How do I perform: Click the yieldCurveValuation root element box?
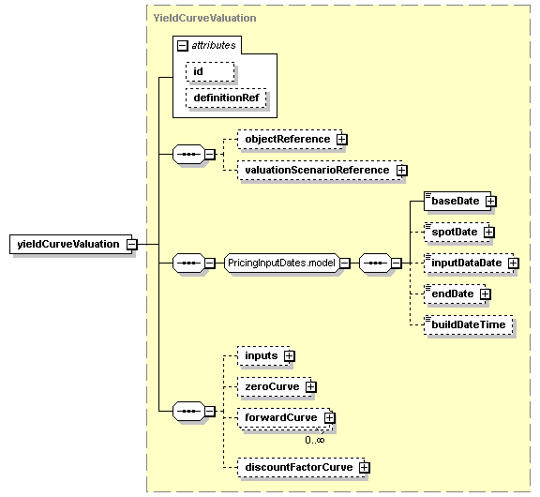(70, 244)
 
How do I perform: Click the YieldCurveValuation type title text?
(204, 18)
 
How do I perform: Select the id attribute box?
(210, 71)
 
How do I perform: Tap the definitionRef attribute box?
(226, 98)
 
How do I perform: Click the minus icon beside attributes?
(183, 45)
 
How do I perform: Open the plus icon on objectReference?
(341, 139)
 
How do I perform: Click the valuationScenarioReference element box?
(320, 170)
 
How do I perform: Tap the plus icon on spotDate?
(489, 233)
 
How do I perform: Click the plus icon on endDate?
(486, 294)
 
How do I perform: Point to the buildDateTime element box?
(469, 324)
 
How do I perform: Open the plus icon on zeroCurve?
(310, 386)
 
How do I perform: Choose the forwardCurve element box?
(284, 418)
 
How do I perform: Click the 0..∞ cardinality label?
(315, 440)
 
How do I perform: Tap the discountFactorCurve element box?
(301, 467)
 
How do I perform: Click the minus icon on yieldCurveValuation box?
(132, 244)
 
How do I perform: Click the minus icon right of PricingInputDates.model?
(345, 264)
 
